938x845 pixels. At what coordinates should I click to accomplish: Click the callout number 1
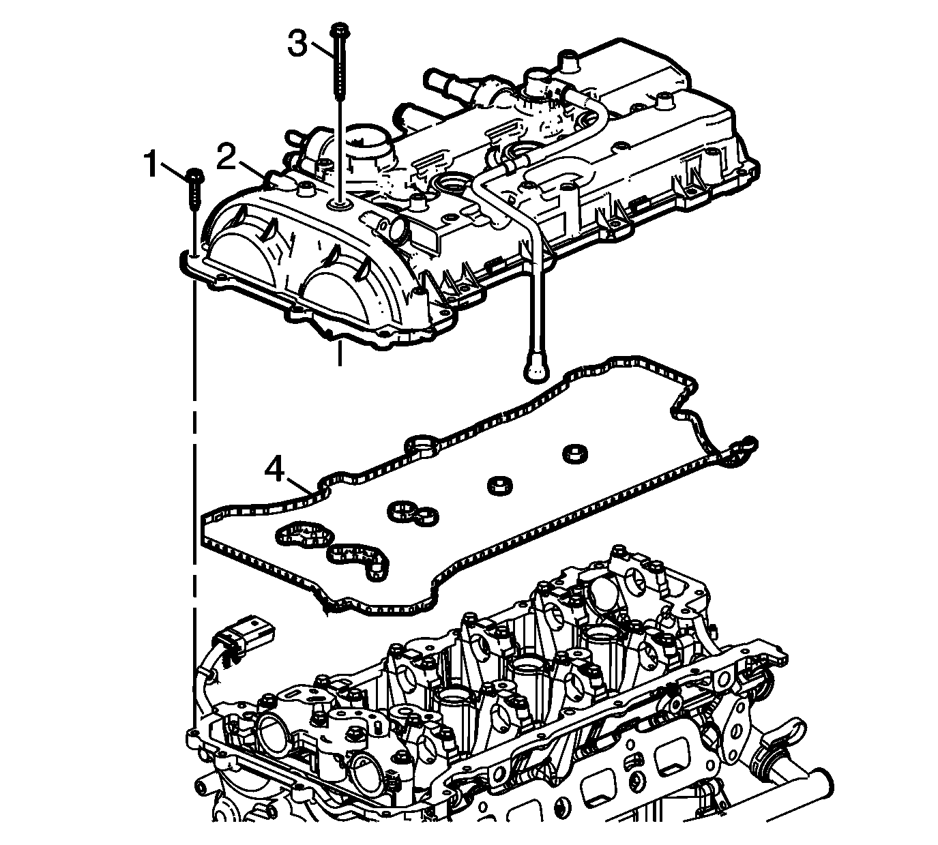click(151, 164)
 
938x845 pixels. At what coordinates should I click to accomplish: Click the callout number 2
click(226, 157)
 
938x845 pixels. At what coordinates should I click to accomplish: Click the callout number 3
click(297, 44)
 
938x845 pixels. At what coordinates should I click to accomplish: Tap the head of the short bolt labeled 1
click(195, 175)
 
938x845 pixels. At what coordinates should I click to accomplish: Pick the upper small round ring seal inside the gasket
click(574, 452)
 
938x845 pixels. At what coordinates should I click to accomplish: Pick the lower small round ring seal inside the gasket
click(499, 485)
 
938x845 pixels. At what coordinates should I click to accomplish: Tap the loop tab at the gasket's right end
click(744, 449)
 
